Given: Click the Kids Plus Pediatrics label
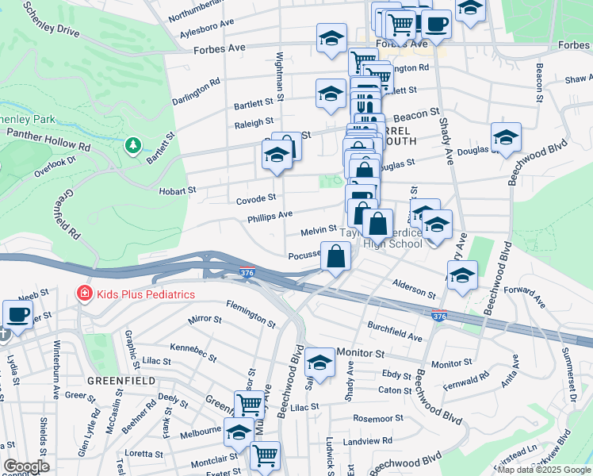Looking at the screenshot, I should point(144,294).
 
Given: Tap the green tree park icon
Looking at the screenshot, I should point(133,145).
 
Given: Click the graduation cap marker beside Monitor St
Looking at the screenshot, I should point(319,362).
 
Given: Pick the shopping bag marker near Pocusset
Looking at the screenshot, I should point(336,256).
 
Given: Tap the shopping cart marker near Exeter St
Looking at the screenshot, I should point(265,455).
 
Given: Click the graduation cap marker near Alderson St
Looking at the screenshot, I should point(462,276).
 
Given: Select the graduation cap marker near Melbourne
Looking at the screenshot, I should point(239,432).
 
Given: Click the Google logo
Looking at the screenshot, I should point(26,466).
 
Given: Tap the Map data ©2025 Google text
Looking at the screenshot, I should point(544,470).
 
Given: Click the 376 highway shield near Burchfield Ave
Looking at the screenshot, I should point(438,316).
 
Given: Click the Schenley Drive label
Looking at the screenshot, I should point(52,21).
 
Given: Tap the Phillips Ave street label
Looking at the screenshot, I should point(270,215).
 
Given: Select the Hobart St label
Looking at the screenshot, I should point(177,190).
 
